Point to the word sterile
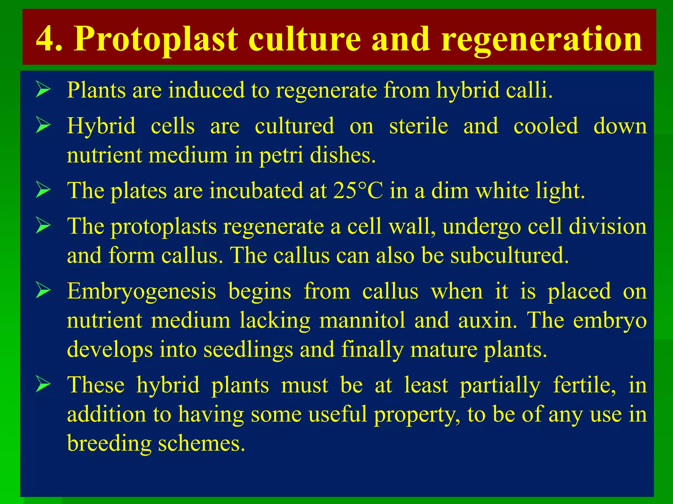[x=418, y=126]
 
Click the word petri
[x=281, y=155]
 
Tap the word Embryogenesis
[x=141, y=291]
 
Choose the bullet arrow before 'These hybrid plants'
[x=43, y=385]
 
